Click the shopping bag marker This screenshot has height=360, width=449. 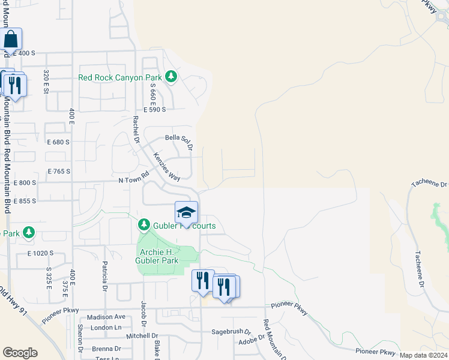click(11, 40)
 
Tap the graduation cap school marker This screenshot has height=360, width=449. click(186, 213)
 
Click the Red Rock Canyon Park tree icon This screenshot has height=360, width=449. click(172, 76)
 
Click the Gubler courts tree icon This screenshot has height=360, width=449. click(143, 225)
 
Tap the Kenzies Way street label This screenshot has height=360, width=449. click(166, 166)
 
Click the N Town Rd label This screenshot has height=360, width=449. click(133, 179)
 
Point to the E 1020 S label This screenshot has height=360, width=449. click(40, 253)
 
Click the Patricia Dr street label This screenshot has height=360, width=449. click(104, 272)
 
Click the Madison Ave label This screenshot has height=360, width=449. click(106, 317)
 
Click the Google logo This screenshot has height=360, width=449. click(20, 353)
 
